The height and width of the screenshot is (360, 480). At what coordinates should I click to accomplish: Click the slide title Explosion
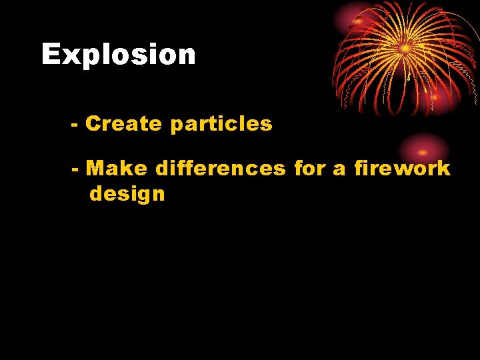click(119, 55)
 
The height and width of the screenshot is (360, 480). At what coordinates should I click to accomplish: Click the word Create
click(124, 124)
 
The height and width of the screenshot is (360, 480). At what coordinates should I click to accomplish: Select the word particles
click(221, 125)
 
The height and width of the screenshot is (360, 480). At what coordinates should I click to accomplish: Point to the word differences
click(220, 168)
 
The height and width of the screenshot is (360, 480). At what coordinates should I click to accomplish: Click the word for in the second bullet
click(309, 168)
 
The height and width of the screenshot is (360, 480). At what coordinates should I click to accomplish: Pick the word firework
click(402, 168)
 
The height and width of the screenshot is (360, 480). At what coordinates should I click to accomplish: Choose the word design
click(127, 194)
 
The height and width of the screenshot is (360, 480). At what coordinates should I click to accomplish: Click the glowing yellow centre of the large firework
click(404, 48)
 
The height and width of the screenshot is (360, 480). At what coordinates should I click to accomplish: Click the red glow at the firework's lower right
click(435, 97)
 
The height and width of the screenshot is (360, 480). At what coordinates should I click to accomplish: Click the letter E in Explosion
click(51, 55)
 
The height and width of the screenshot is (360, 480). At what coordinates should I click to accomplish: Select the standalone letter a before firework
click(339, 169)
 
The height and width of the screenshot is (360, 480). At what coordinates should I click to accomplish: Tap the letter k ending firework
click(444, 168)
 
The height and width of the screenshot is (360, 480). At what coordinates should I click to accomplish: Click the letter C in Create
click(93, 124)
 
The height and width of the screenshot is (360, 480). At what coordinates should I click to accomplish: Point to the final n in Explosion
click(187, 56)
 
